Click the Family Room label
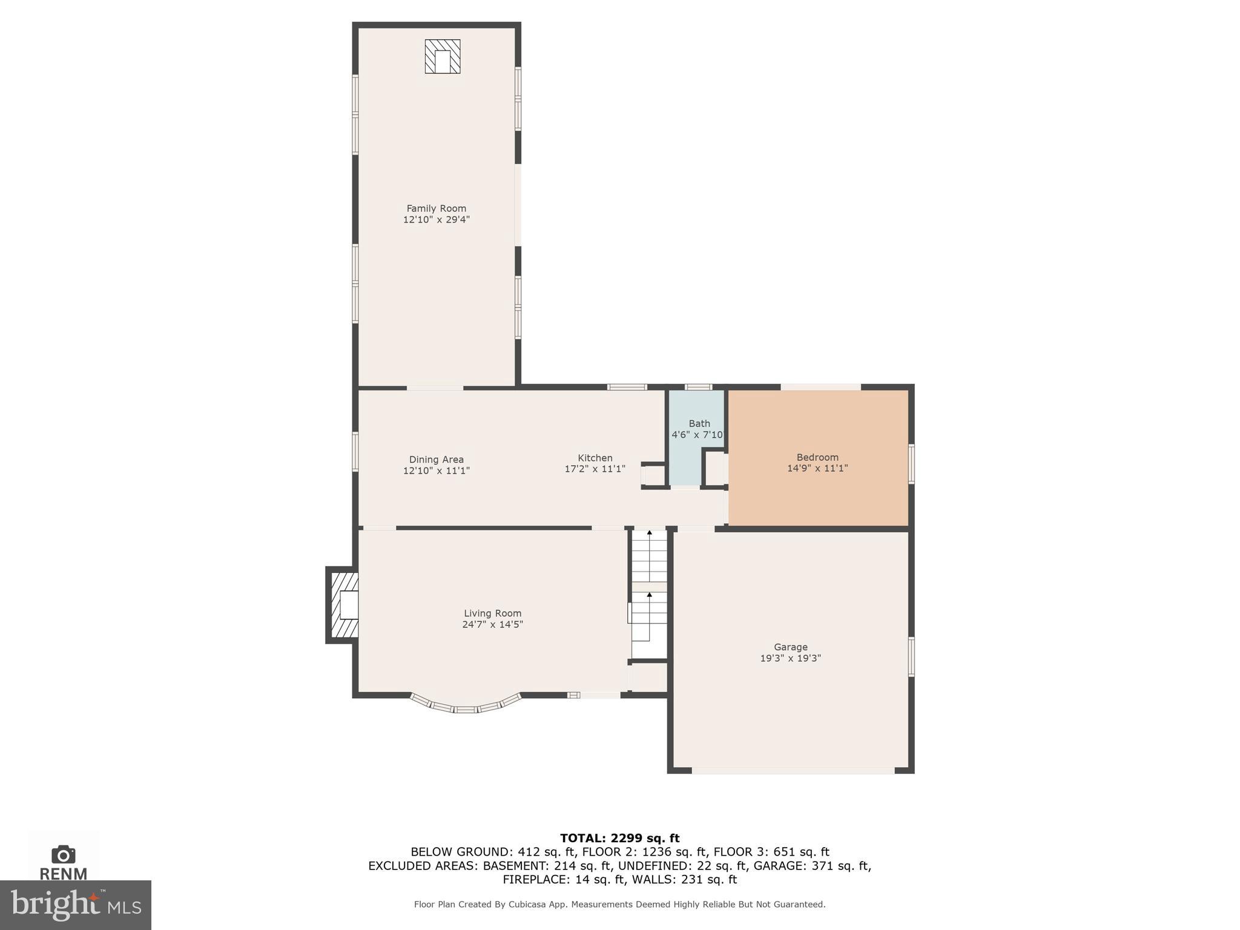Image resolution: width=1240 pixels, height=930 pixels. tap(436, 208)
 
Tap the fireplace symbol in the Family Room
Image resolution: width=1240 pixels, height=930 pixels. tap(443, 57)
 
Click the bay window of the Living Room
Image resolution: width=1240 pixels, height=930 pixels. tap(465, 707)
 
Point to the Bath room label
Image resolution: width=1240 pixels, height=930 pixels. tap(699, 424)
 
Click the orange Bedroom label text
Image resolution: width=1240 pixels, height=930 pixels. tap(817, 457)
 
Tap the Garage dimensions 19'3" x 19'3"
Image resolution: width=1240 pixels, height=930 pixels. tap(790, 658)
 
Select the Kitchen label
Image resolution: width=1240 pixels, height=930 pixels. tap(595, 458)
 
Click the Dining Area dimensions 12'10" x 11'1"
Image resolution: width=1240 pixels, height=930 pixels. tap(436, 470)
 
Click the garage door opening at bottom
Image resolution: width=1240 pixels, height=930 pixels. tap(793, 771)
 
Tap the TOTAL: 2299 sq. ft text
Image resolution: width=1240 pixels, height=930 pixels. tap(619, 838)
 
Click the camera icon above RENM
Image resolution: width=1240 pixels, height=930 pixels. tap(63, 854)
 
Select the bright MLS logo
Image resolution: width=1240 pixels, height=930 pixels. tap(75, 905)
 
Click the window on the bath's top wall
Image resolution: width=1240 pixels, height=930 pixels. tap(698, 387)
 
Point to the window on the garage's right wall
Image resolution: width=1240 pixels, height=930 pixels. tap(911, 656)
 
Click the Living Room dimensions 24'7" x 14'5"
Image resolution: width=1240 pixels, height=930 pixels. tap(492, 624)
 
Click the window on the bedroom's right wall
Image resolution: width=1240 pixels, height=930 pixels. tap(911, 464)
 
